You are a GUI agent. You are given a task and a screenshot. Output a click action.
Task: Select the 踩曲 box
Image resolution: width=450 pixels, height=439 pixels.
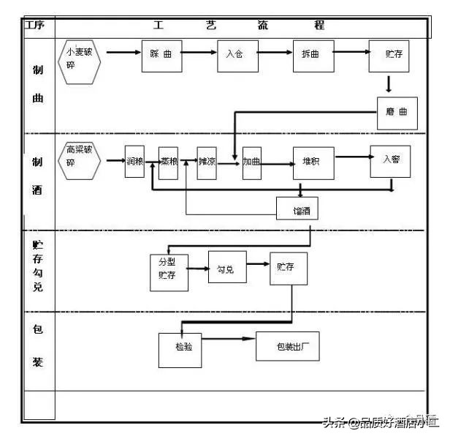click(161, 56)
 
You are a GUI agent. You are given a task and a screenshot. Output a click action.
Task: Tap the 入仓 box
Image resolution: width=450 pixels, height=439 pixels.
click(237, 56)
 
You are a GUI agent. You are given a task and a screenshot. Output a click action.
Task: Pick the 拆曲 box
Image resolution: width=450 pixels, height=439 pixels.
click(314, 56)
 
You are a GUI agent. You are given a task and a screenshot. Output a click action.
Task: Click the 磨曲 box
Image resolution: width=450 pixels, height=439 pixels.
click(397, 113)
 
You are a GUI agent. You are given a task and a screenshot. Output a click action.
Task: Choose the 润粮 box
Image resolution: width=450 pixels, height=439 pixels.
click(134, 162)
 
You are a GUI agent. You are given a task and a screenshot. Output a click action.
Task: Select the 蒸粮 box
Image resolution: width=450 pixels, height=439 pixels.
click(169, 162)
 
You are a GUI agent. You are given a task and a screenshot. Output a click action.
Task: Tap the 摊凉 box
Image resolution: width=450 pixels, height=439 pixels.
click(207, 162)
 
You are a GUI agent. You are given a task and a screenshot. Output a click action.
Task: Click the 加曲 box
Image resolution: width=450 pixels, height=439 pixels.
click(252, 162)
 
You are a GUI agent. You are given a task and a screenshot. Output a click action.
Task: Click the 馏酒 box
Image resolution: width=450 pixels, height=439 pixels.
click(297, 209)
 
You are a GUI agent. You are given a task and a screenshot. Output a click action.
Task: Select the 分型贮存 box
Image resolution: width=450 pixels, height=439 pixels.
click(168, 272)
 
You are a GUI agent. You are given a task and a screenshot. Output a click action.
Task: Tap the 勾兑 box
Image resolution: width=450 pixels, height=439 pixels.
click(226, 269)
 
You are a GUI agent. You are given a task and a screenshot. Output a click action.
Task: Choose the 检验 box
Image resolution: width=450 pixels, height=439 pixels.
click(180, 350)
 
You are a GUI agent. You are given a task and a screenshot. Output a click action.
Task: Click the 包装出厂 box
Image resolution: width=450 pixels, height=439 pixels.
click(287, 346)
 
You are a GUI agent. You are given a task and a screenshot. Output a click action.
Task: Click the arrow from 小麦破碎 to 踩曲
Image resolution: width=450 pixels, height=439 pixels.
click(123, 53)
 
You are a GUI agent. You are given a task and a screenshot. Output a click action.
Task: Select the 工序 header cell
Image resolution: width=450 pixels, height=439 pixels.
click(36, 26)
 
